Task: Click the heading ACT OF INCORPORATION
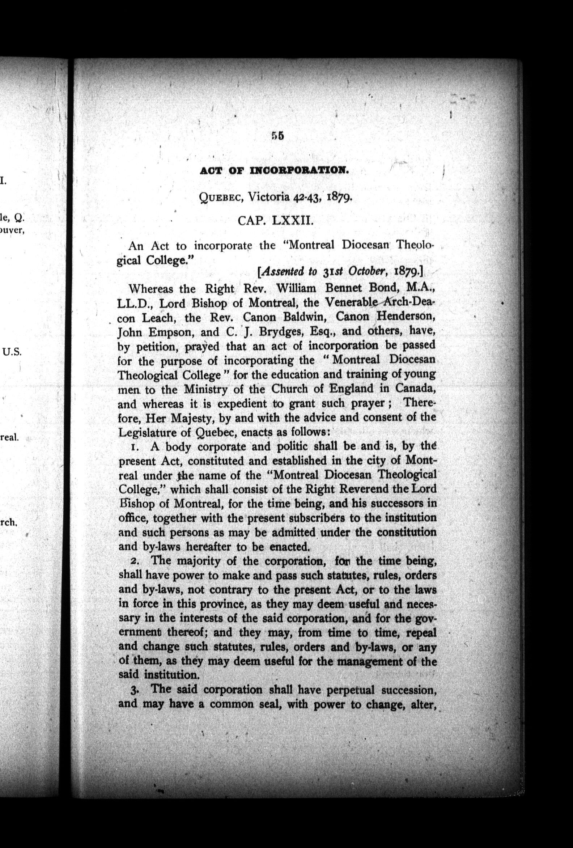pyautogui.click(x=273, y=171)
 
